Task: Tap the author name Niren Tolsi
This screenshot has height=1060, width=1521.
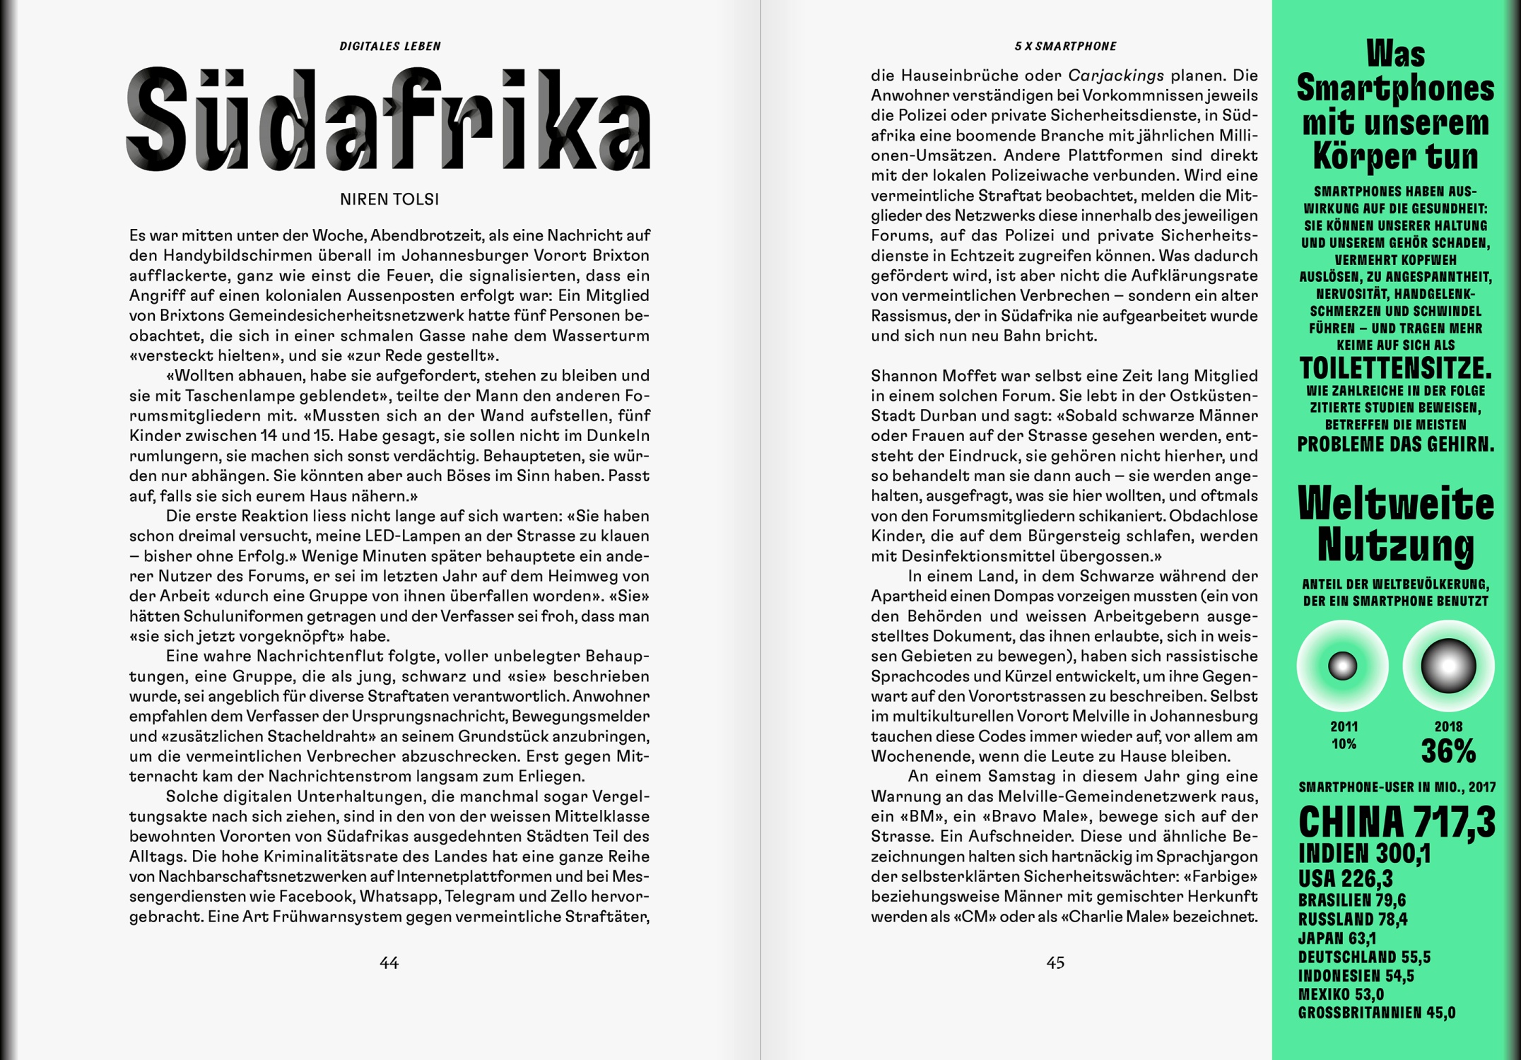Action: tap(389, 200)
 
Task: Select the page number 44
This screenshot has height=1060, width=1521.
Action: tap(389, 962)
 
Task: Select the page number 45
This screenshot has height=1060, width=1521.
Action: tap(1055, 962)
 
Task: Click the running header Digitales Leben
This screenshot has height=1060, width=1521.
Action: tap(390, 47)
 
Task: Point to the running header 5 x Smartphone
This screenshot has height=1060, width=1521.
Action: tap(1065, 47)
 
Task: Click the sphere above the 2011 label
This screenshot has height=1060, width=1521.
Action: tap(1343, 666)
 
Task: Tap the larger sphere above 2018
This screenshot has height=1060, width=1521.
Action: tap(1448, 666)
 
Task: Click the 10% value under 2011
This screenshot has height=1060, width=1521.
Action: tap(1344, 744)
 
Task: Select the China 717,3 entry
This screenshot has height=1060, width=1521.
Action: tap(1397, 822)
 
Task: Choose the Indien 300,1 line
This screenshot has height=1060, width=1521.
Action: tap(1364, 854)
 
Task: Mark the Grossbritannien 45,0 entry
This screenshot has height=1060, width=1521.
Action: tap(1376, 1013)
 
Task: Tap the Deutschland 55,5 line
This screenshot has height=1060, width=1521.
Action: tap(1364, 958)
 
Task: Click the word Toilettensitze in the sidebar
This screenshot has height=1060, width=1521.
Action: tap(1395, 368)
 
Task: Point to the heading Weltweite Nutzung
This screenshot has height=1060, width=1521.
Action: tap(1396, 525)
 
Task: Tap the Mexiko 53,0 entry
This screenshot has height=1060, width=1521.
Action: tap(1341, 994)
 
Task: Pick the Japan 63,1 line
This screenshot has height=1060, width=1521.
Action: tap(1337, 938)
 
